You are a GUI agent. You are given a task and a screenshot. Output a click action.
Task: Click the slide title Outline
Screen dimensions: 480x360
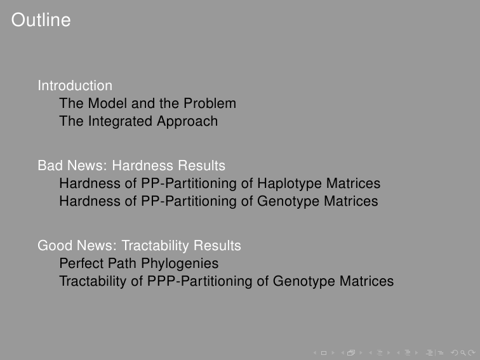pyautogui.click(x=41, y=20)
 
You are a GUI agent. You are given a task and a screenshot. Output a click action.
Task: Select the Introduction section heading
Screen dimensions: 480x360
pyautogui.click(x=75, y=86)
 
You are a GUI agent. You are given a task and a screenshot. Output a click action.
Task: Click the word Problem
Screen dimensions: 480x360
pyautogui.click(x=210, y=103)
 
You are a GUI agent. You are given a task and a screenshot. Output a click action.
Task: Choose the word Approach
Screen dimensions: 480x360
pyautogui.click(x=187, y=121)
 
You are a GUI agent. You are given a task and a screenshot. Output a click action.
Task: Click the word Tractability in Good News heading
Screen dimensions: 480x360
pyautogui.click(x=155, y=246)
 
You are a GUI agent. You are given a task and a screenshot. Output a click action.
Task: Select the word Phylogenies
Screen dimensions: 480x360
pyautogui.click(x=180, y=264)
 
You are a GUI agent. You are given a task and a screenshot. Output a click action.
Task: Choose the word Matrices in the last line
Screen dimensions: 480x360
pyautogui.click(x=366, y=281)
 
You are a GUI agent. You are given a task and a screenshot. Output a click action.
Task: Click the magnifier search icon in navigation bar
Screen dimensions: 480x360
pyautogui.click(x=463, y=353)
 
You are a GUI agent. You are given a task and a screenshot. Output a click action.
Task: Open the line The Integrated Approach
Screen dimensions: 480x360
pyautogui.click(x=138, y=121)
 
